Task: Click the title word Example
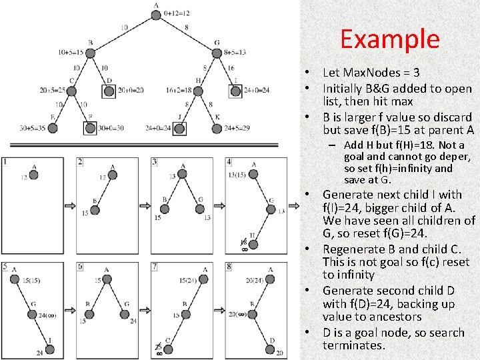(390, 39)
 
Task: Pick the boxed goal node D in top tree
(109, 90)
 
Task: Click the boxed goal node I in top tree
(235, 90)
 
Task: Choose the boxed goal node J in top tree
(180, 127)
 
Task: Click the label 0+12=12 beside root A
(176, 13)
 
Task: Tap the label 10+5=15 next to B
(71, 52)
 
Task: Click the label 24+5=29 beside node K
(237, 128)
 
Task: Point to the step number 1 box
(5, 161)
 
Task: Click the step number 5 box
(5, 267)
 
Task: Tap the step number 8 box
(229, 267)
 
